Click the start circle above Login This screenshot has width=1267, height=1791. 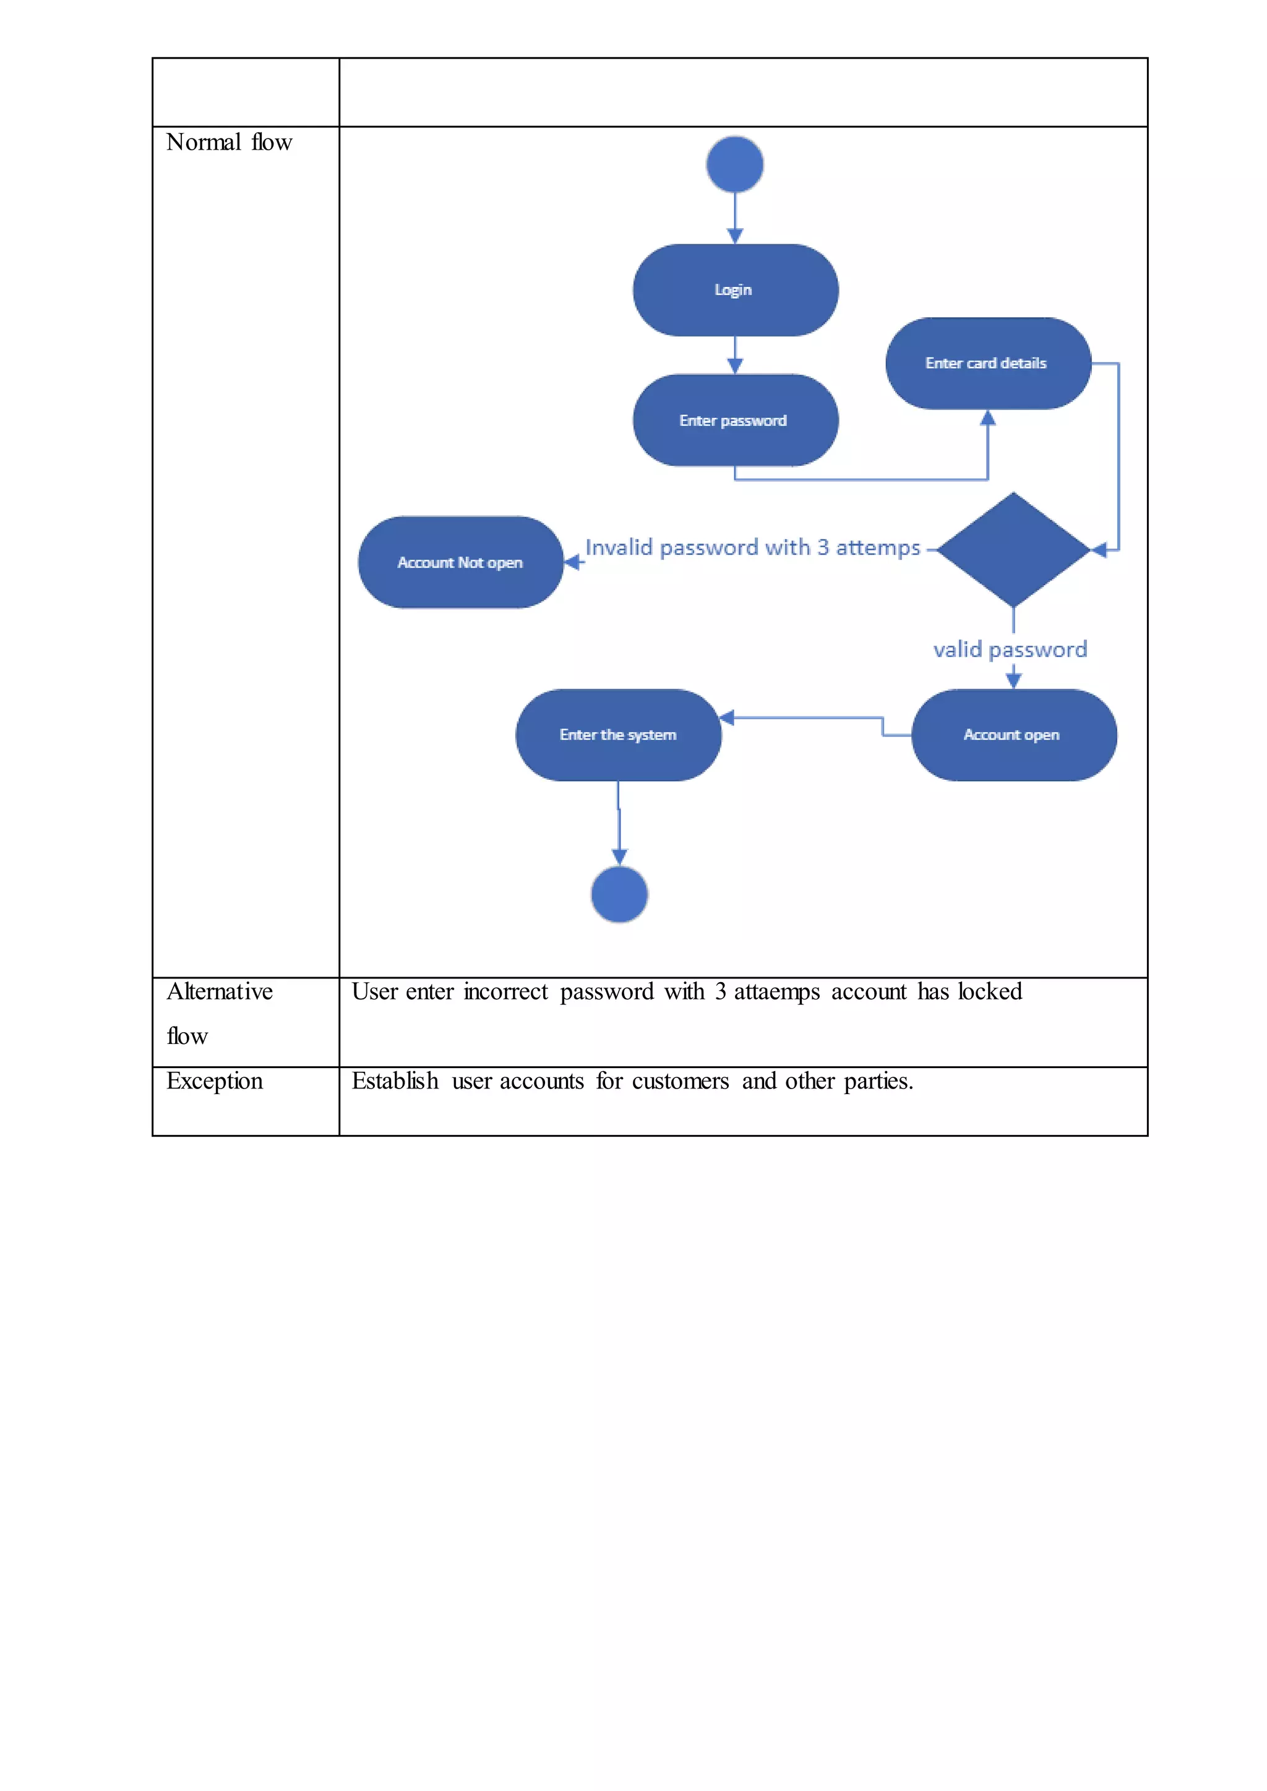734,165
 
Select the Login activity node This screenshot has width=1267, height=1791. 735,290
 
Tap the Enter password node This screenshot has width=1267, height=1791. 735,421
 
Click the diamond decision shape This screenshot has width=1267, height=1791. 1013,550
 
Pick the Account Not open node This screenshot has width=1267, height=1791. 460,562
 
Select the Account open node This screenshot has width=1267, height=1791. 1013,735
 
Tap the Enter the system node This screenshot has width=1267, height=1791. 618,735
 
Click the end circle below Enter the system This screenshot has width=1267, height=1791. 619,895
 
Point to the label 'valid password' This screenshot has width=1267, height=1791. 1010,650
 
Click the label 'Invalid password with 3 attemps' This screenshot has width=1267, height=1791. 752,547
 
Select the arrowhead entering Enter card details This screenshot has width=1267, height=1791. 988,418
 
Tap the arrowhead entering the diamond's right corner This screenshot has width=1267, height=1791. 1099,550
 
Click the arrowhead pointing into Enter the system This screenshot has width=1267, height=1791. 727,717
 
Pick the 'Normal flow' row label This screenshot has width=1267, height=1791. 228,143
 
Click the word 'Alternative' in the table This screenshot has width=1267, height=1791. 219,991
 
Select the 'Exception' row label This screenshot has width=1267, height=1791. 215,1081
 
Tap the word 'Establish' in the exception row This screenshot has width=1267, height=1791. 395,1081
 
